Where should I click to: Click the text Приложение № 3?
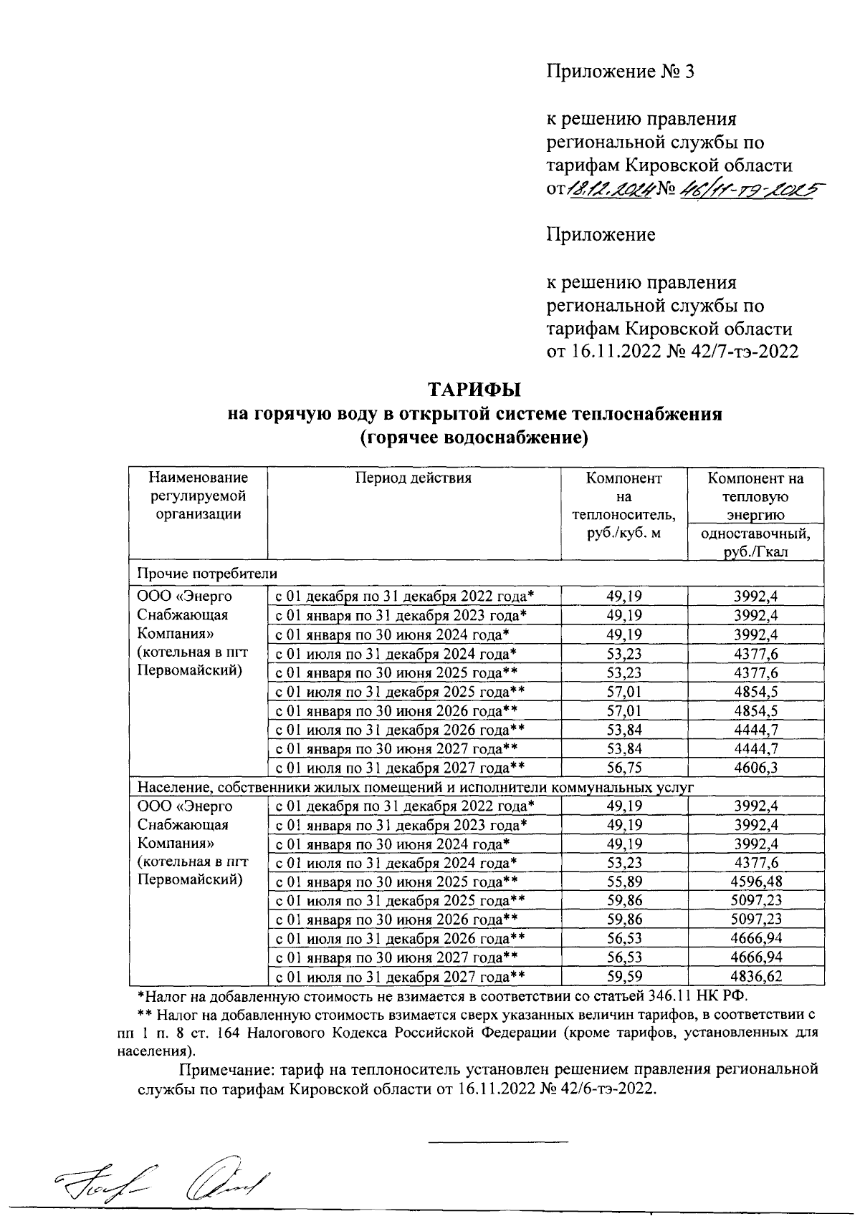coord(621,72)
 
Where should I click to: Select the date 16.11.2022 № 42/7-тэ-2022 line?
coord(672,352)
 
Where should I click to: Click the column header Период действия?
coord(414,478)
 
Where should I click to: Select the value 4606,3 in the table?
coord(756,768)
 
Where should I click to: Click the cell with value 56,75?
coord(623,768)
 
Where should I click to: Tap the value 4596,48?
coord(756,881)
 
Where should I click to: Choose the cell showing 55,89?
coord(623,881)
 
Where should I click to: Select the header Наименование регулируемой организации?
coord(198,496)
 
